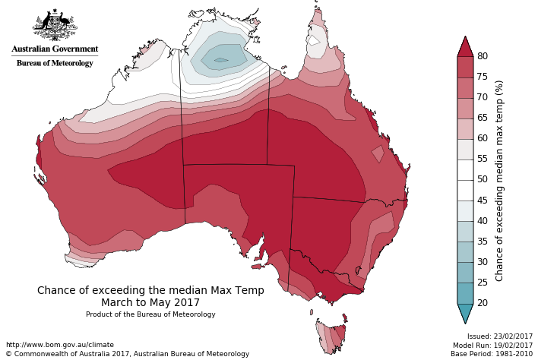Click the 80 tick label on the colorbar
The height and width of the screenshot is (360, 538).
click(482, 56)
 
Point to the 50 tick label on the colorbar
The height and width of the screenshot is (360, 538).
click(482, 180)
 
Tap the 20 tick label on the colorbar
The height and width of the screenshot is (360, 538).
click(482, 303)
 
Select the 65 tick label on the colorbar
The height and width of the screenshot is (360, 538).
click(482, 118)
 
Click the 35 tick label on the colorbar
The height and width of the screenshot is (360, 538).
click(482, 242)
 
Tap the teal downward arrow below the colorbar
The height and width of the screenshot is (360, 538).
click(465, 313)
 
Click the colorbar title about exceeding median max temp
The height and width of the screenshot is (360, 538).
click(499, 181)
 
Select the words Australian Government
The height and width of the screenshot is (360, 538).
click(55, 49)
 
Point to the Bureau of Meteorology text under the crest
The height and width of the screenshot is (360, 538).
click(55, 63)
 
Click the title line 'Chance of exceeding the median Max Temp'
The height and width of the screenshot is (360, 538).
click(150, 290)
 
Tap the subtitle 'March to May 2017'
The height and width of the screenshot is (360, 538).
click(150, 302)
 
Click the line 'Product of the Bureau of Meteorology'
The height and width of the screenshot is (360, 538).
click(150, 314)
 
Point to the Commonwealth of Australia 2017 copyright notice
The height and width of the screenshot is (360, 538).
click(127, 354)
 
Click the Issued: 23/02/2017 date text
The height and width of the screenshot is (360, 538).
click(499, 336)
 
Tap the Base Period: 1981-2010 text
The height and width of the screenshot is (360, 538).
click(492, 354)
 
